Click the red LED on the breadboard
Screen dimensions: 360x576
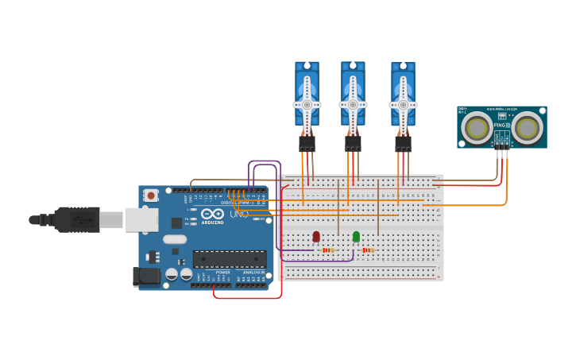pos(316,236)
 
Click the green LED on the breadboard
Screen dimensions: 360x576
pos(356,236)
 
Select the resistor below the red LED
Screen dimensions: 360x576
pos(329,250)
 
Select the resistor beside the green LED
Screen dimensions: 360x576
pos(368,250)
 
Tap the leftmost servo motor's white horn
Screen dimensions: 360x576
pos(307,105)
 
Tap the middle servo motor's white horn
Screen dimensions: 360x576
pos(353,105)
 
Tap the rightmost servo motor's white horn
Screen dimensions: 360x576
pos(403,105)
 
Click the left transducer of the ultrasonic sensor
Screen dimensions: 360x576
pos(477,128)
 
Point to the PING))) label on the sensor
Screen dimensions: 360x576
pos(501,125)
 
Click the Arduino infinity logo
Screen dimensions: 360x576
pos(212,214)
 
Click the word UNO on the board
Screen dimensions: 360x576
pos(238,214)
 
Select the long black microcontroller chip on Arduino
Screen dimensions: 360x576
pos(230,259)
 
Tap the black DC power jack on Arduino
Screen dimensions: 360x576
pos(145,276)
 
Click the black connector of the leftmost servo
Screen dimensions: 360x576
pos(307,144)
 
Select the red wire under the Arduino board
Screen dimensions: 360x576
pos(246,298)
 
